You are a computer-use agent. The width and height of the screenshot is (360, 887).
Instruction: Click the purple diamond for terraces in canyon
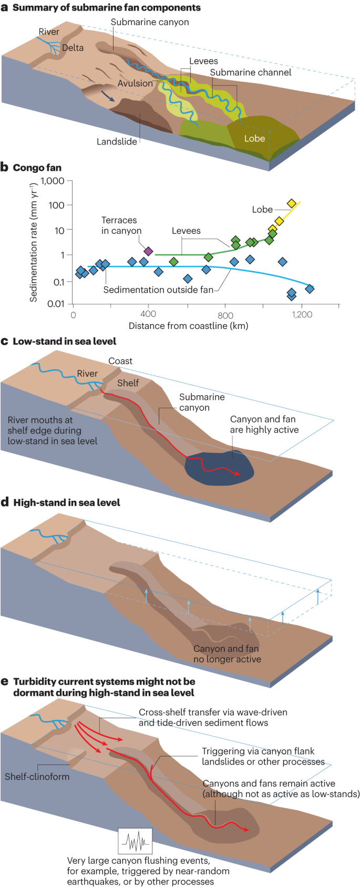point(148,251)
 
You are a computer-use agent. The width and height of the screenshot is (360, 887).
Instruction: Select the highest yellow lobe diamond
point(291,203)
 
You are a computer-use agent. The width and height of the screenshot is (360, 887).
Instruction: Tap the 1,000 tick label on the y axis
point(53,181)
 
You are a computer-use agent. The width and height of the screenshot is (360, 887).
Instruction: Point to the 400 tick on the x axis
point(149,314)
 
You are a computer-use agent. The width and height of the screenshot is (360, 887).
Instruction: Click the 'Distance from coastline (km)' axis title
point(188,326)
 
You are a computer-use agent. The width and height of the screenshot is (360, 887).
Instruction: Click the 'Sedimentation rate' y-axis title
point(34,242)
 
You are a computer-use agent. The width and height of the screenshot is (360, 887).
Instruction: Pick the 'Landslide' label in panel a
point(117,141)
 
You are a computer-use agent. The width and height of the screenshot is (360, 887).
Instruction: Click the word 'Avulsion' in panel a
point(135,84)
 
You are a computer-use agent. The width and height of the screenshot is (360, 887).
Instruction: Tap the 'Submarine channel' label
point(251,73)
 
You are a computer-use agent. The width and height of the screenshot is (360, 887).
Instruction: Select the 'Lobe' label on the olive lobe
point(254,139)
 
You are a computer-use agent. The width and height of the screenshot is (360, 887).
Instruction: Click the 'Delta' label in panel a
point(73,48)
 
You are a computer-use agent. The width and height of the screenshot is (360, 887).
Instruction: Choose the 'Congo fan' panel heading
point(37,168)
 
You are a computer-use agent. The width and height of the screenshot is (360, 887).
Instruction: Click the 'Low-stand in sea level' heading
point(64,341)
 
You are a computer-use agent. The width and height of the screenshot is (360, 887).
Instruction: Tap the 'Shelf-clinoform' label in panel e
point(37,777)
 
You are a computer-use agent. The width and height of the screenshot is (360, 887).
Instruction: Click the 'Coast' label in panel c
point(120,361)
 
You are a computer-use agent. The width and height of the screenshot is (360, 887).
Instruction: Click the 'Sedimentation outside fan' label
point(158,290)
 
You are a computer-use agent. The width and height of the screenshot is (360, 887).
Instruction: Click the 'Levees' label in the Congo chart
point(186,231)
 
